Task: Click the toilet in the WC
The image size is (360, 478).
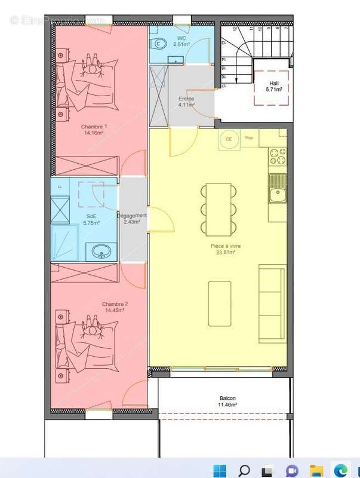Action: pyautogui.click(x=159, y=42)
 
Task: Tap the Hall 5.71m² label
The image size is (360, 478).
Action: pyautogui.click(x=274, y=86)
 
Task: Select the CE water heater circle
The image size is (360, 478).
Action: pyautogui.click(x=228, y=140)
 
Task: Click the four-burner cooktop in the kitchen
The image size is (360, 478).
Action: pyautogui.click(x=278, y=156)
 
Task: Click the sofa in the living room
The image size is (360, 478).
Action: pyautogui.click(x=272, y=303)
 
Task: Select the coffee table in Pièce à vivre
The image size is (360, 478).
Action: pyautogui.click(x=220, y=304)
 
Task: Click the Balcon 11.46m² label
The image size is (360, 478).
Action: pyautogui.click(x=227, y=402)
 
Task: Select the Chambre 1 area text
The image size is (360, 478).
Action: pyautogui.click(x=94, y=130)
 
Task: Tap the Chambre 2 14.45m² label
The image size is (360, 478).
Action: pyautogui.click(x=115, y=307)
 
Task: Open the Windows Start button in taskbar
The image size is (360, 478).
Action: pyautogui.click(x=219, y=469)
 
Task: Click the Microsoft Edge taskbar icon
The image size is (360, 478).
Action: pyautogui.click(x=341, y=469)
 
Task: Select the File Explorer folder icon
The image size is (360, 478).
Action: pyautogui.click(x=316, y=469)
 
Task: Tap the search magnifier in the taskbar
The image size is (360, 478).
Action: pyautogui.click(x=244, y=469)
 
